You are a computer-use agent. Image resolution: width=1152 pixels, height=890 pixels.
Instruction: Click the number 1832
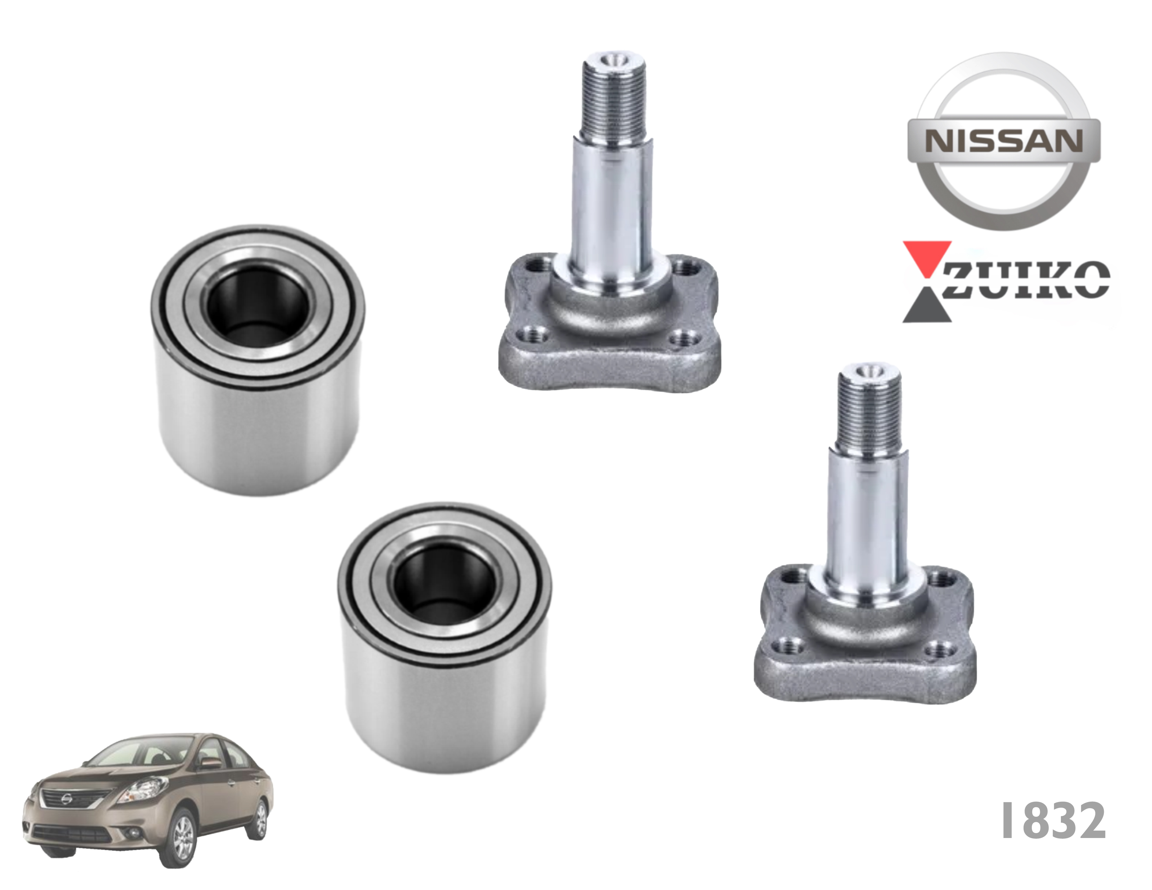click(1053, 821)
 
